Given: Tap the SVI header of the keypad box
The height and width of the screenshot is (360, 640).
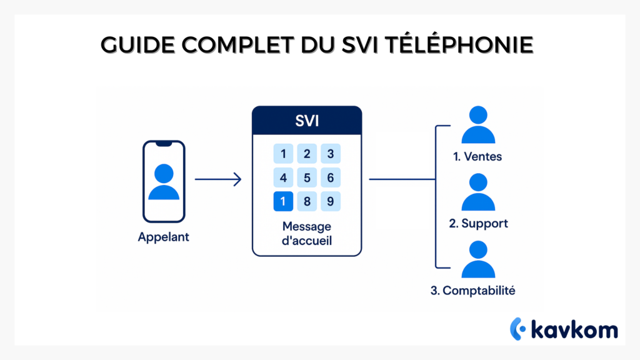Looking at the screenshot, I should pos(307,121).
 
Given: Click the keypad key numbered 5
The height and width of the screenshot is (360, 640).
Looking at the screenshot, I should pos(307,178).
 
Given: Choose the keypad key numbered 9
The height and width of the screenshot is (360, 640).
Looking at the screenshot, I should pos(331,202).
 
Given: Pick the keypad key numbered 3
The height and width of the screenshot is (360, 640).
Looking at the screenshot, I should pos(331,154).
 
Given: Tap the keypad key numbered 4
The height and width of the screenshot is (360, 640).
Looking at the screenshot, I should pos(284,178).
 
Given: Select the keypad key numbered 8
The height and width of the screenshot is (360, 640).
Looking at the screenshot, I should pos(307,202).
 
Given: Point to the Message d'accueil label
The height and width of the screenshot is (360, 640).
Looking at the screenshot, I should pos(307,232).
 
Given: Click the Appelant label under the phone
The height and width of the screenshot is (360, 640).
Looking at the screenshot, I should pos(164,237).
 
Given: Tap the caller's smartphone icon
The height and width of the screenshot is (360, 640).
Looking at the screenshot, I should pos(164,181).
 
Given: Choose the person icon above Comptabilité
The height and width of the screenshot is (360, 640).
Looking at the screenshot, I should pos(478,260).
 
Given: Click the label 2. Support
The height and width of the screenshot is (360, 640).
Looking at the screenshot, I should pos(478,223).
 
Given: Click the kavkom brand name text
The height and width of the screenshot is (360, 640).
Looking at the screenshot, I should pos(574,329).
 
